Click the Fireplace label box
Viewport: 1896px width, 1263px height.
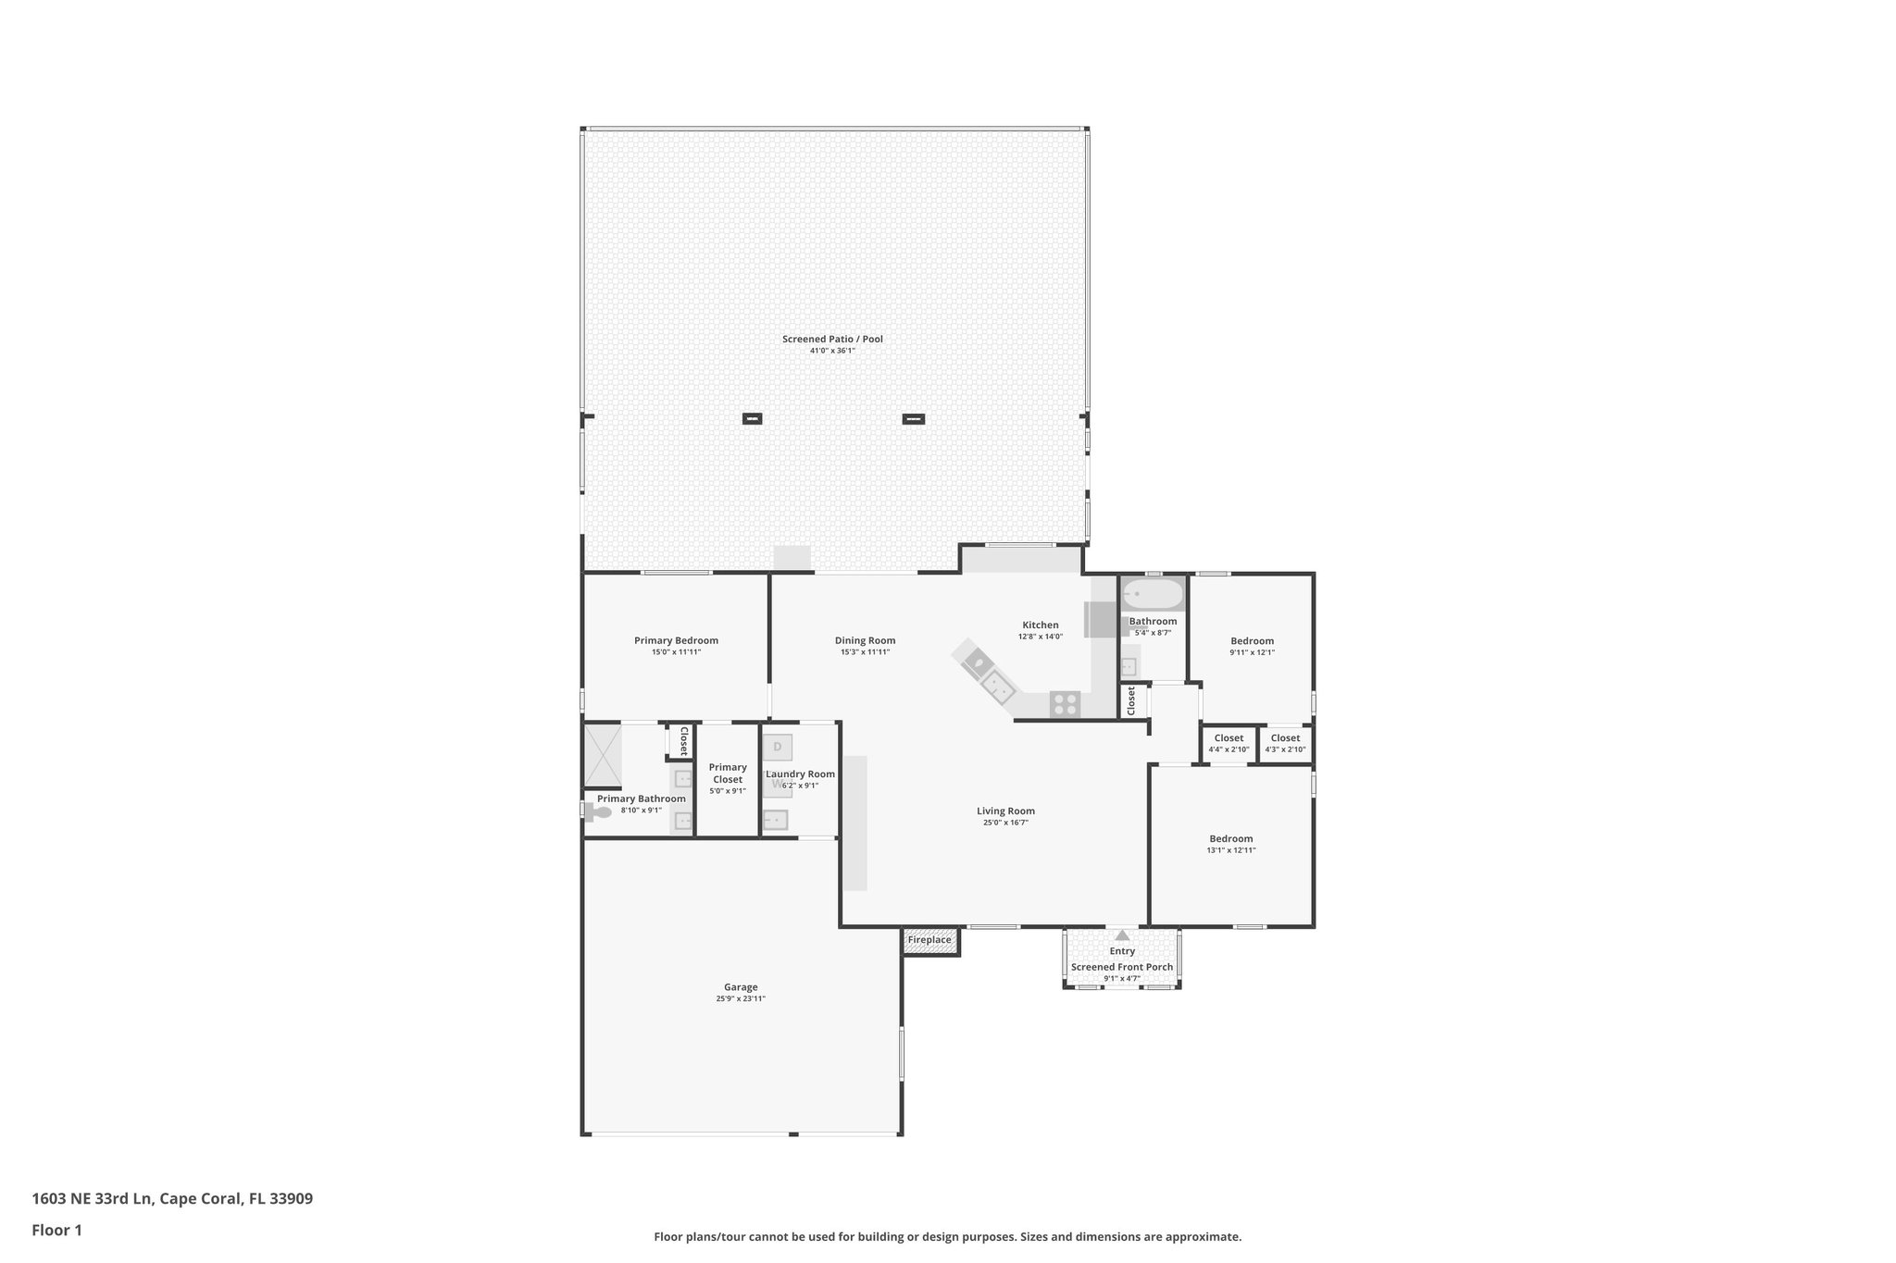coord(930,940)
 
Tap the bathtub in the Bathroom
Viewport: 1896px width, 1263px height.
coord(1152,593)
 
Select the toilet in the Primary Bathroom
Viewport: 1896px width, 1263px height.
coord(600,812)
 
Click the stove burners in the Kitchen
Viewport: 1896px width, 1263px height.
coord(1065,704)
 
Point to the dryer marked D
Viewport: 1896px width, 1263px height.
coord(778,747)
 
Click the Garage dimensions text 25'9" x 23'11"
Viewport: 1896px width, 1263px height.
coord(741,998)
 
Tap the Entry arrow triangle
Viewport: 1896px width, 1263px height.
coord(1122,935)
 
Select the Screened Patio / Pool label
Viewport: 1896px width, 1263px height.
coord(832,339)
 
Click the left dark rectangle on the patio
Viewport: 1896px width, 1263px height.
coord(752,419)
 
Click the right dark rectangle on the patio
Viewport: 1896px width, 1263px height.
coord(913,419)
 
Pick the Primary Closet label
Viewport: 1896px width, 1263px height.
coord(728,773)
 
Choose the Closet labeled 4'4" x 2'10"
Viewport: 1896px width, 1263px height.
coord(1229,743)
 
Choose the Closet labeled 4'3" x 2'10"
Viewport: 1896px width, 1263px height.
coord(1285,743)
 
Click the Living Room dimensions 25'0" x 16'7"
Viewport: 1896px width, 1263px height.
coord(1005,823)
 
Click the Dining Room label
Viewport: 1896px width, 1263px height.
coord(865,640)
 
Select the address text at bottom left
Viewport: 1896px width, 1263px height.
coord(172,1199)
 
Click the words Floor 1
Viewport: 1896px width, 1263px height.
coord(57,1230)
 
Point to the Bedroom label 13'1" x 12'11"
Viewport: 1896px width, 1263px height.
coord(1230,844)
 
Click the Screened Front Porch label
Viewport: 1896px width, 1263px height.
coord(1122,967)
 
